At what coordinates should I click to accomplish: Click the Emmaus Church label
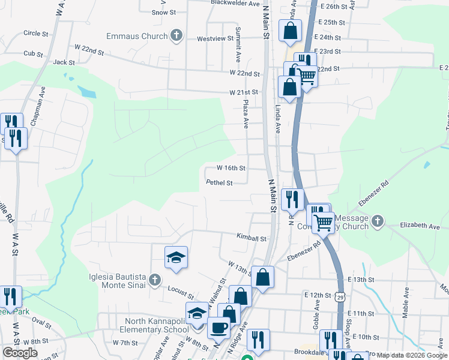pos(137,36)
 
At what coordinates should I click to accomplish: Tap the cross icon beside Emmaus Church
pos(176,35)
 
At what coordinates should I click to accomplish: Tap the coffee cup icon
pos(218,328)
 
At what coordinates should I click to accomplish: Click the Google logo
pos(20,353)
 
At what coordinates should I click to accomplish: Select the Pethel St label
pos(219,182)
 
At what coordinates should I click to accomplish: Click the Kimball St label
pos(251,238)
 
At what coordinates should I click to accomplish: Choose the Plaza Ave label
pos(246,114)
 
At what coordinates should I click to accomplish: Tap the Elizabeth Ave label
pos(420,226)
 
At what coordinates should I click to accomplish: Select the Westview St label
pos(215,39)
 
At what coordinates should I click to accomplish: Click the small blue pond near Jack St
pos(87,92)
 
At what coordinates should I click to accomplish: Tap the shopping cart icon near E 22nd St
pos(307,76)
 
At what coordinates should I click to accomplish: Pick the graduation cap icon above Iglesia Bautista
pos(176,257)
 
